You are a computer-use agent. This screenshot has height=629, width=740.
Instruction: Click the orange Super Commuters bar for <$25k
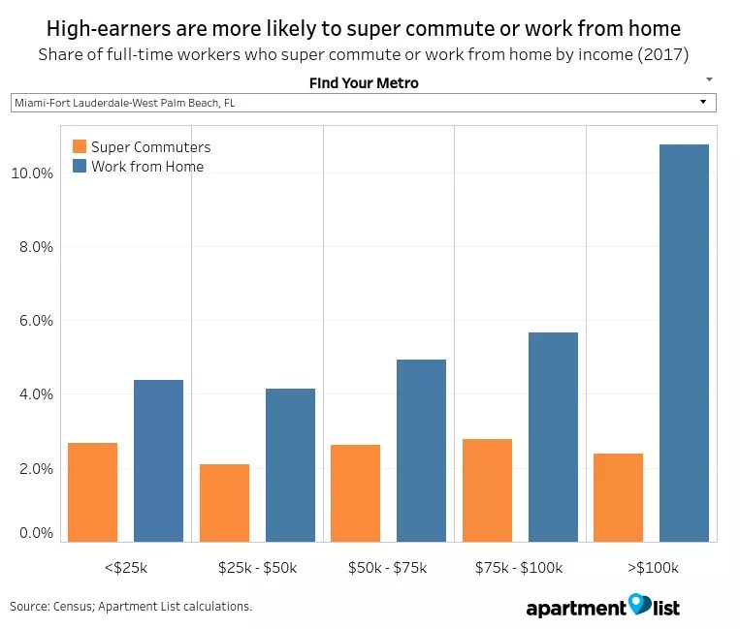93,491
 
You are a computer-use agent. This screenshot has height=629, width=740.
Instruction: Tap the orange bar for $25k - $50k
224,502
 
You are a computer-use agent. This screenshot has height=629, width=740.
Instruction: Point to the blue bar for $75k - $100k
553,436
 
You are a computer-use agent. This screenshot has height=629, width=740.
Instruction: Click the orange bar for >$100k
618,496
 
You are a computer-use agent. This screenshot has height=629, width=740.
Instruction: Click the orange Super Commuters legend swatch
80,147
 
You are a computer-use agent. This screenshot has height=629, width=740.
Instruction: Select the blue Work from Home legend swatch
80,167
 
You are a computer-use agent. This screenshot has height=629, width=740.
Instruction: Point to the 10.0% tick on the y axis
31,173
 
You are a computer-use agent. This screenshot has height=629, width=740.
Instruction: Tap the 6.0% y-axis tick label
35,321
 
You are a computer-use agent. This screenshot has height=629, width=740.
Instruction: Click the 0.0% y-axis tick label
35,533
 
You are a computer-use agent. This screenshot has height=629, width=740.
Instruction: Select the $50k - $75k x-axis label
387,567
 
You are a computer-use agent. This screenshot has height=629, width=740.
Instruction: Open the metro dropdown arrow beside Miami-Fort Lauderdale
702,102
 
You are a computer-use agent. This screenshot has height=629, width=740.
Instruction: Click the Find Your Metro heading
364,83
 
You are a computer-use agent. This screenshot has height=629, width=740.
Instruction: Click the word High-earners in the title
106,28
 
